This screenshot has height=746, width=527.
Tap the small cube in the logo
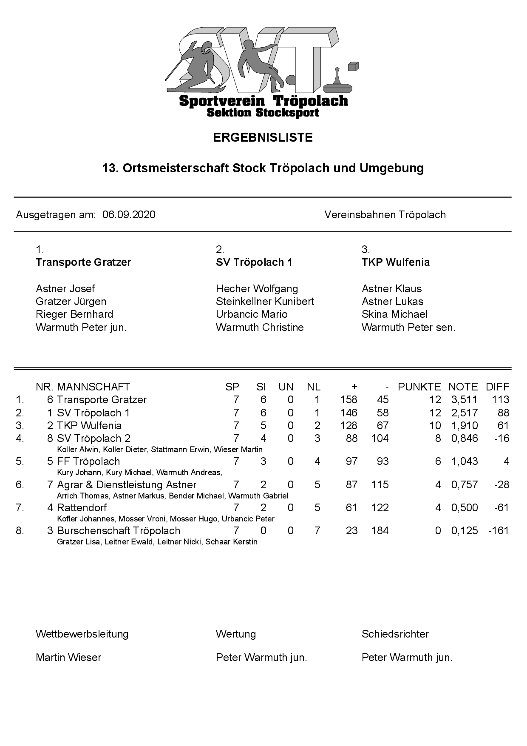point(353,66)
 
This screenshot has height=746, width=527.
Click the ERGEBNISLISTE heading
point(263,137)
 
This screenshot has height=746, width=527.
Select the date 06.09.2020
point(129,215)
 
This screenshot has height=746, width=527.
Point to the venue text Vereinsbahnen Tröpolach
point(385,215)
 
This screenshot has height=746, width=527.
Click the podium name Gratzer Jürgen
point(71,302)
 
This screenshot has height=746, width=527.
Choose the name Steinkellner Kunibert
point(265,302)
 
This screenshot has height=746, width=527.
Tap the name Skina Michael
point(394,314)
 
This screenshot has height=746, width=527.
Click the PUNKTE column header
point(419,387)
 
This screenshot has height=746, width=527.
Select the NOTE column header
point(463,387)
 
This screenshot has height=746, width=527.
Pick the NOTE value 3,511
point(464,400)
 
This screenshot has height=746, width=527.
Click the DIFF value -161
point(499,531)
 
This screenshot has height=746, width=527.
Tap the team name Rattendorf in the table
point(82,508)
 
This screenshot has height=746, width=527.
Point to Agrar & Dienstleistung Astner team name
point(126,485)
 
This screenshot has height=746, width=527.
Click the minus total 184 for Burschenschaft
point(380,531)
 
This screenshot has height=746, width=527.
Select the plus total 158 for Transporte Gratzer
point(348,400)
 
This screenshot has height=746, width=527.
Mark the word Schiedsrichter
point(395,634)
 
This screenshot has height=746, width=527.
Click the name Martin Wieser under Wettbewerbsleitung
point(68,658)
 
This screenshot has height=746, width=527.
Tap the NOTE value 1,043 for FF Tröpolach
point(464,461)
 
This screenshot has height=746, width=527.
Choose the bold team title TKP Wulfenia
point(395,262)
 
